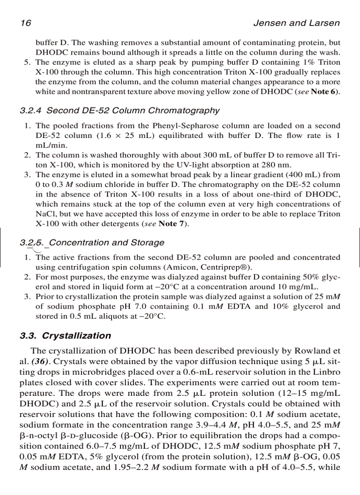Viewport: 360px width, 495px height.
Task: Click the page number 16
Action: pos(26,23)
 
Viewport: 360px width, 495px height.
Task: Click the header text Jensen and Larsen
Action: pos(296,23)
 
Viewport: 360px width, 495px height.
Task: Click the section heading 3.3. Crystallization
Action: pos(66,336)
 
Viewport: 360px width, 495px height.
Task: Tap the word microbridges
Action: pos(83,371)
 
